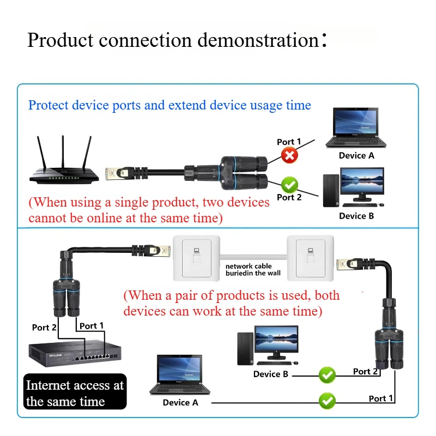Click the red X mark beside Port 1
289,156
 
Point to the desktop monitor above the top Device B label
362,184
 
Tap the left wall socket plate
197,258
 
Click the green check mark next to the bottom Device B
327,375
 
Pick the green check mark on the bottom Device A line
327,401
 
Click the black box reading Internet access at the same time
75,392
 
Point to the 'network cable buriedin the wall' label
253,269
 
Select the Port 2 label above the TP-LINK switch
44,328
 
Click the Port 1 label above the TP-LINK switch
92,326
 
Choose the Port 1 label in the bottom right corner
380,398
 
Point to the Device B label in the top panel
356,216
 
